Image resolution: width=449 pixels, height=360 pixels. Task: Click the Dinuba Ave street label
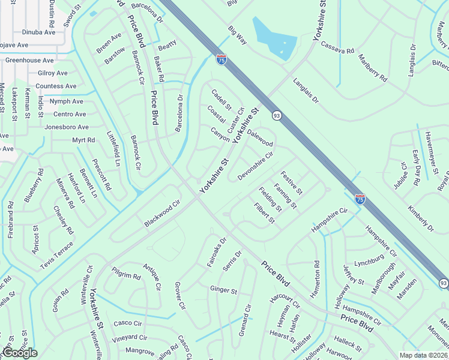[x=38, y=32]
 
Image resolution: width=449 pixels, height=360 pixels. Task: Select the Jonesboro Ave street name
[x=67, y=127]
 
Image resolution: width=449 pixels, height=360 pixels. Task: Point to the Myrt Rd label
[x=83, y=140]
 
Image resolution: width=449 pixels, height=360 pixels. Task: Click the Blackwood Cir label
[x=162, y=213]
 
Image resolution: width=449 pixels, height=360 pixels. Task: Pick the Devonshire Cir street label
[x=256, y=165]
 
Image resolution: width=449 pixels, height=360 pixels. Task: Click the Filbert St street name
[x=264, y=213]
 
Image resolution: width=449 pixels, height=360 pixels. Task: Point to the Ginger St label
[x=224, y=290]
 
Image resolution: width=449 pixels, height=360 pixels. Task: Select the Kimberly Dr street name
[x=420, y=219]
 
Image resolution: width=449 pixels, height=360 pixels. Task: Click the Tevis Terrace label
[x=58, y=255]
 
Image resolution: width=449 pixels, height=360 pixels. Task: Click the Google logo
[x=20, y=353]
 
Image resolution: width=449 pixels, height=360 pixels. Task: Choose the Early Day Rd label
[x=415, y=160]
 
